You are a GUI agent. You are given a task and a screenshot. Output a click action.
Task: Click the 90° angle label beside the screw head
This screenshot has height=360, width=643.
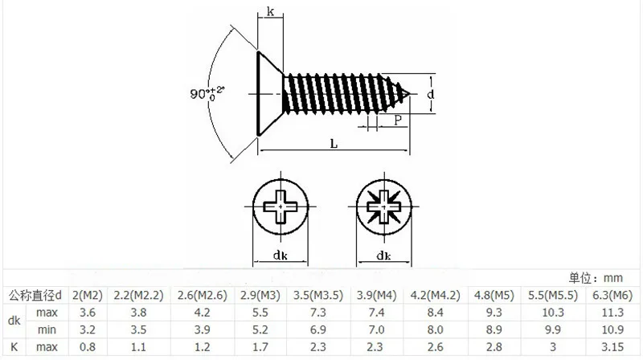pos(207,93)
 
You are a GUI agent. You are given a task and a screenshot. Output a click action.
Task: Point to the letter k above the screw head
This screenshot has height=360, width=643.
pos(270,11)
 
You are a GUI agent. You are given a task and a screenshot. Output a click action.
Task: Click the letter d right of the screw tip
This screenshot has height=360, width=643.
pos(430,94)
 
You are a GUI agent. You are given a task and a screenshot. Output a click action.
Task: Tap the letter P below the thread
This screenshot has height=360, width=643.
pos(397,120)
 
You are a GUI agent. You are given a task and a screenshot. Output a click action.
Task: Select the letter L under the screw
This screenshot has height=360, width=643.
pos(334,144)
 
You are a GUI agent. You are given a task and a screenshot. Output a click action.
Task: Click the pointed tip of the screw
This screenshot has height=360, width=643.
pos(409,94)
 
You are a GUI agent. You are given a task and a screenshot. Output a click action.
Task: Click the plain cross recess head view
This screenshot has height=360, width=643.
pos(280,207)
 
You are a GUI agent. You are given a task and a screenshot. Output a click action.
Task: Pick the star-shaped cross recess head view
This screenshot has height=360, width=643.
pos(384,207)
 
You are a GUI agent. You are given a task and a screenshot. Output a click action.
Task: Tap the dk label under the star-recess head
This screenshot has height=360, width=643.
pos(384,256)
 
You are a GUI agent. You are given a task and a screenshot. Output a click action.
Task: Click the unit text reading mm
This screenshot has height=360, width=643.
pos(613,278)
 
